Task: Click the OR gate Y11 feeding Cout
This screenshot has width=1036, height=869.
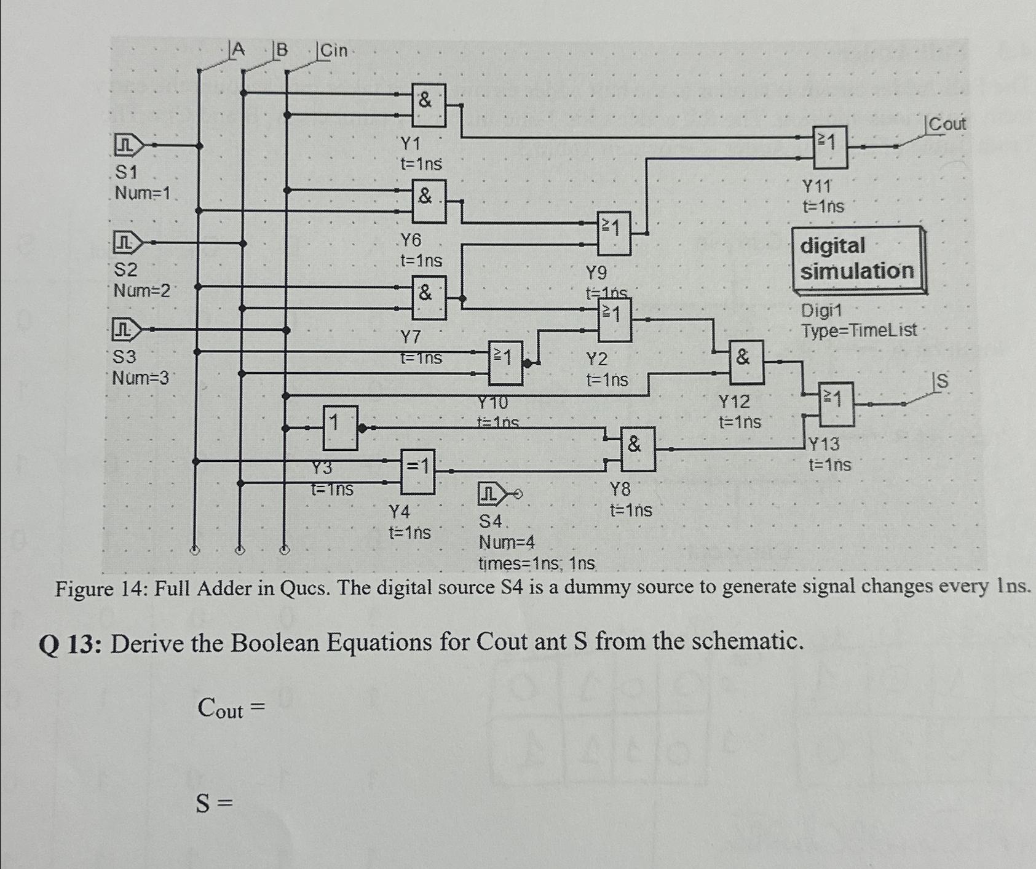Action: point(830,148)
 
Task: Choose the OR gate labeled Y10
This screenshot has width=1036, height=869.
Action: point(505,363)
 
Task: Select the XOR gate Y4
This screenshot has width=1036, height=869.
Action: point(418,472)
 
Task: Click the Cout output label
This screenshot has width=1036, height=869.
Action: point(947,124)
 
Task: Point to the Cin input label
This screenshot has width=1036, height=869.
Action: point(333,50)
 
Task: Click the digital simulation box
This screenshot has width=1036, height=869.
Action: point(858,259)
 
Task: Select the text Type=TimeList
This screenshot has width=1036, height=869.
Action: point(858,330)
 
